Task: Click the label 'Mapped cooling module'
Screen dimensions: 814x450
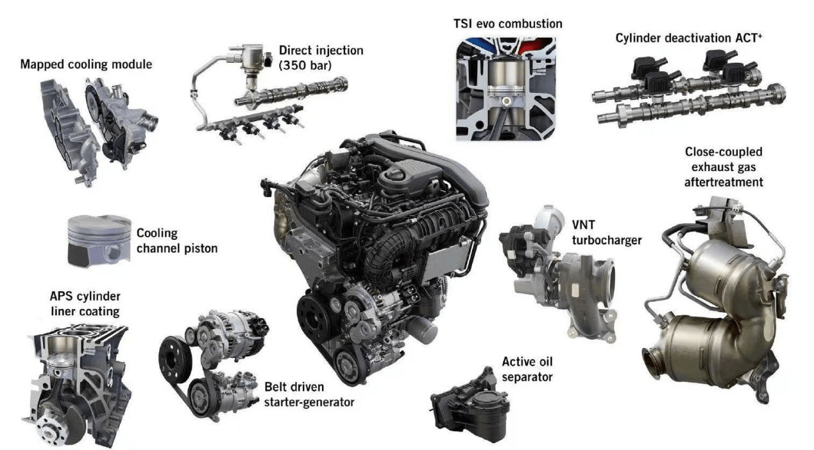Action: pyautogui.click(x=86, y=64)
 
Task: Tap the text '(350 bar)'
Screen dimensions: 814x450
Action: pyautogui.click(x=305, y=65)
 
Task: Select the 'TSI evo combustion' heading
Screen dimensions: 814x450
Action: pyautogui.click(x=507, y=24)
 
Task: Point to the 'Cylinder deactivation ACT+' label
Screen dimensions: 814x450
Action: pyautogui.click(x=689, y=38)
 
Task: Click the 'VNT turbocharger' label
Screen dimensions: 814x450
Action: pyautogui.click(x=607, y=233)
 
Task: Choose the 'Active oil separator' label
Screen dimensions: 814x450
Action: pyautogui.click(x=527, y=369)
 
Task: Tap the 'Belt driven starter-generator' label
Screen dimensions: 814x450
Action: pyautogui.click(x=309, y=394)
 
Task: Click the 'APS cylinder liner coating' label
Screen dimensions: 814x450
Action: pyautogui.click(x=85, y=304)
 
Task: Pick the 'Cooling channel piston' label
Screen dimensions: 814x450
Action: pyautogui.click(x=177, y=240)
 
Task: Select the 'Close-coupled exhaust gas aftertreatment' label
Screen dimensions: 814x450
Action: pyautogui.click(x=724, y=167)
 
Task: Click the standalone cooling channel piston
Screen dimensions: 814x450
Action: pyautogui.click(x=99, y=241)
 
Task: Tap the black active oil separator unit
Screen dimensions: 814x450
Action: pyautogui.click(x=471, y=406)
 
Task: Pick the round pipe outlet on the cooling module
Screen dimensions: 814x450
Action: pyautogui.click(x=149, y=122)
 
